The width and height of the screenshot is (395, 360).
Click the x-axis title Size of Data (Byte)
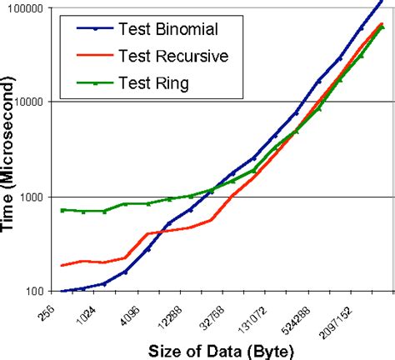[220, 350]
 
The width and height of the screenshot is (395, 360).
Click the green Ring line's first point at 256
[63, 210]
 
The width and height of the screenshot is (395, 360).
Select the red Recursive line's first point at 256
[63, 265]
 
